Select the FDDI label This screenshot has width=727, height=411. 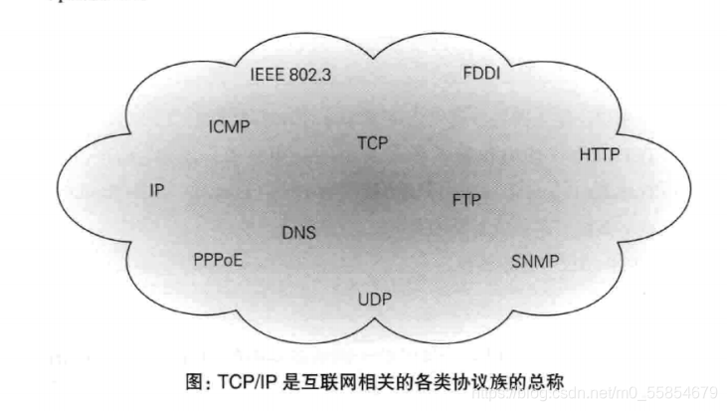pyautogui.click(x=481, y=75)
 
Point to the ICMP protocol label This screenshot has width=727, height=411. pyautogui.click(x=229, y=128)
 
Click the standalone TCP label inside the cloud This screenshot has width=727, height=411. pyautogui.click(x=372, y=143)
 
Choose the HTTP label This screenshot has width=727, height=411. pyautogui.click(x=600, y=154)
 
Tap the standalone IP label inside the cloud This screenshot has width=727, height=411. pyautogui.click(x=157, y=190)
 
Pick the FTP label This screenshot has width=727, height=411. pyautogui.click(x=466, y=199)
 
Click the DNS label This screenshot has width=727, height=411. pyautogui.click(x=298, y=233)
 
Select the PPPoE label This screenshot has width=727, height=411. pyautogui.click(x=218, y=261)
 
